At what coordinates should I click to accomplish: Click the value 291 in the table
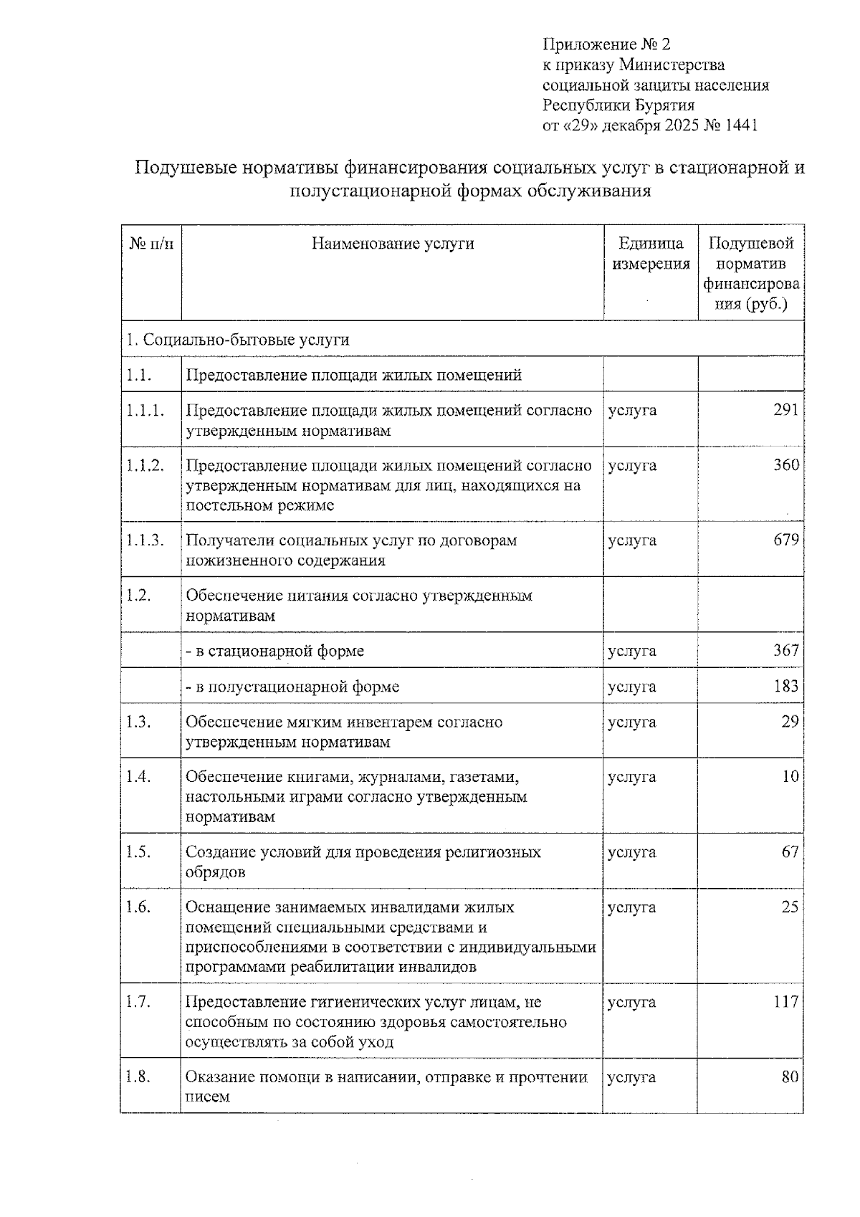pyautogui.click(x=785, y=410)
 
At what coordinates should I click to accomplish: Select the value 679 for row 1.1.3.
pyautogui.click(x=785, y=540)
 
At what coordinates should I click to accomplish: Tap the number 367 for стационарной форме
pyautogui.click(x=785, y=651)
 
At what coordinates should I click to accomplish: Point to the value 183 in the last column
pyautogui.click(x=785, y=686)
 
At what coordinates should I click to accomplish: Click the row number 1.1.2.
pyautogui.click(x=145, y=465)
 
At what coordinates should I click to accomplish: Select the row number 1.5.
pyautogui.click(x=138, y=852)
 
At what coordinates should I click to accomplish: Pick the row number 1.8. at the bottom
pyautogui.click(x=138, y=1077)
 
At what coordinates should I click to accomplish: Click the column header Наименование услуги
pyautogui.click(x=393, y=244)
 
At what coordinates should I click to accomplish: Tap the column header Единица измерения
pyautogui.click(x=651, y=254)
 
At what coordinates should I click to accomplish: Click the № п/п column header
pyautogui.click(x=151, y=244)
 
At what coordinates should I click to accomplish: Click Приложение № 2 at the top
pyautogui.click(x=606, y=44)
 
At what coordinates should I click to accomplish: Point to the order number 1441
pyautogui.click(x=741, y=125)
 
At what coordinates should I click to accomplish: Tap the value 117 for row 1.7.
pyautogui.click(x=785, y=1002)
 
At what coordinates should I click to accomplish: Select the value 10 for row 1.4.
pyautogui.click(x=790, y=777)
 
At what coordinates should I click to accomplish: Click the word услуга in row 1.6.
pyautogui.click(x=631, y=907)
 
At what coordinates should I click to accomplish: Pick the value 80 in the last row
pyautogui.click(x=790, y=1077)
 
